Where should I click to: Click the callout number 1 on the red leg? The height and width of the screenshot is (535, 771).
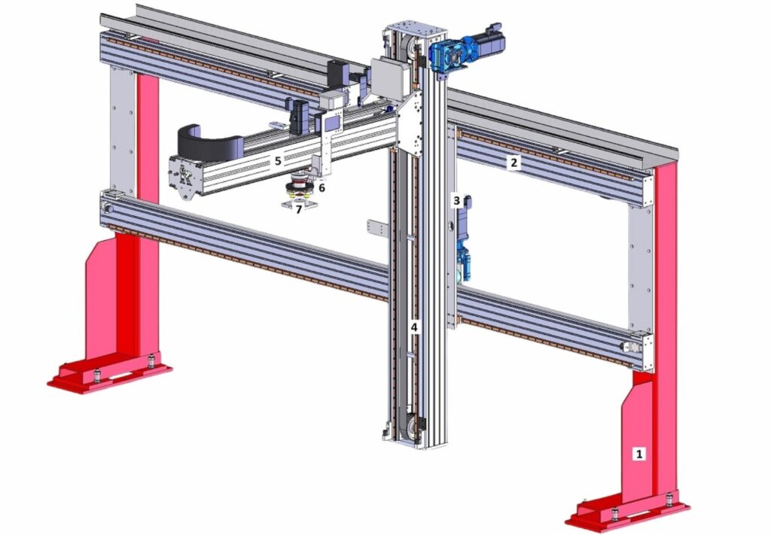639,454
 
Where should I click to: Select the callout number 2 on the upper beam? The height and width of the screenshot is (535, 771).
513,162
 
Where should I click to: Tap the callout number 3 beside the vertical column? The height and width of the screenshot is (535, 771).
457,200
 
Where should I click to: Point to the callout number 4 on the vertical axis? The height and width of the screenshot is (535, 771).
414,327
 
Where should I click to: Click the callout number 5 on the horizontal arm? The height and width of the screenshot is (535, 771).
278,160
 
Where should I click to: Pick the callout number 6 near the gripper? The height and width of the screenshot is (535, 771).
322,187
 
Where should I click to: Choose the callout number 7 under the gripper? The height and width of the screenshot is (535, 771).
298,209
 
